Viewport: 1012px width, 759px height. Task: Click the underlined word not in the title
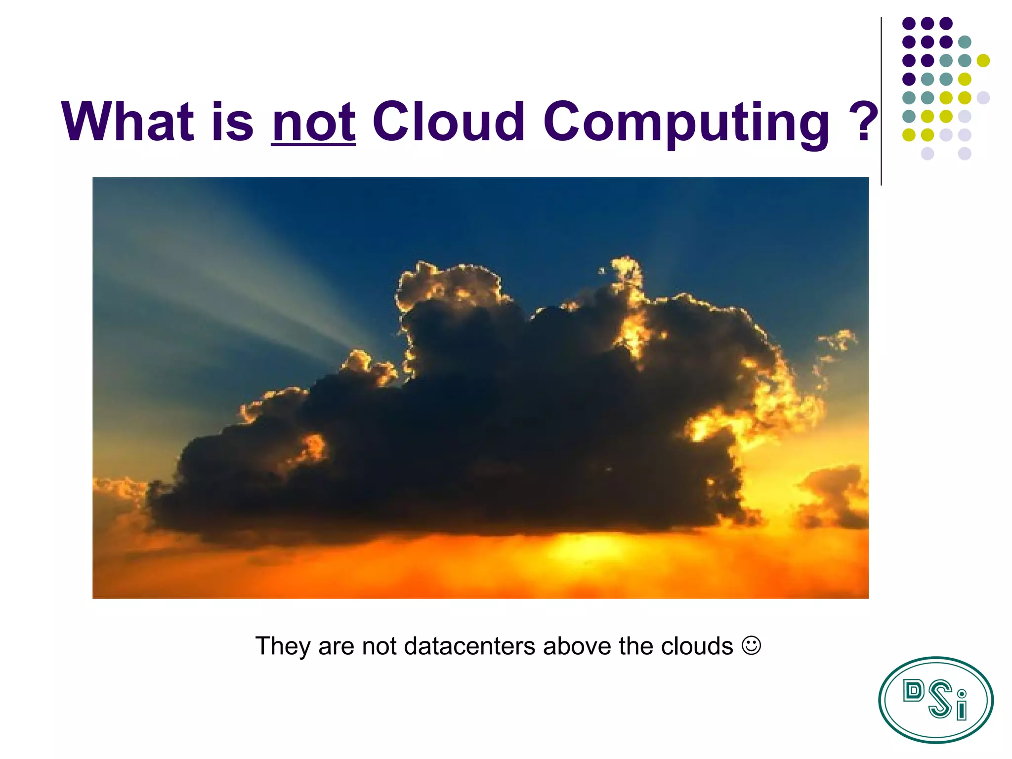313,121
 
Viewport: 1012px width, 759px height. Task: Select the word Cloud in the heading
448,121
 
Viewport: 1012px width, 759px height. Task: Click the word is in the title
232,121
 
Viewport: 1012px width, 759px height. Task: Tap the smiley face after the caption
751,645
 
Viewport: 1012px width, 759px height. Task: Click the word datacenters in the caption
469,646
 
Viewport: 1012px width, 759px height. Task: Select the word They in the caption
283,646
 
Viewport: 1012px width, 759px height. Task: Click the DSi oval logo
935,700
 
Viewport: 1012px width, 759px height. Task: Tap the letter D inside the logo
913,691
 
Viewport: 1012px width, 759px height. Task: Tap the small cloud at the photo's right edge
835,497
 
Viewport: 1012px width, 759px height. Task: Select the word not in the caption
379,646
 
